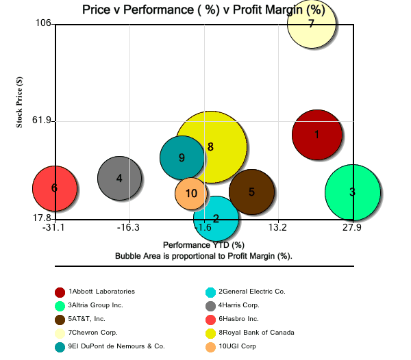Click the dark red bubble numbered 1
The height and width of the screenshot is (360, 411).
point(316,135)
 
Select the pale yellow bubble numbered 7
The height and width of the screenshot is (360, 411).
point(312,24)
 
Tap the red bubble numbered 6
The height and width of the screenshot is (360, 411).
point(54,188)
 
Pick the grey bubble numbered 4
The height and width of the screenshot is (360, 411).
point(119,179)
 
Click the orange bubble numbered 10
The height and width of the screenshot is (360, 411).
point(192,193)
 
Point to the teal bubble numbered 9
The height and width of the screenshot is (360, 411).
point(182,157)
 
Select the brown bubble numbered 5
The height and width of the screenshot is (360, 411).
point(251,192)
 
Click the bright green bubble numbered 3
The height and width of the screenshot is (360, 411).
point(352,192)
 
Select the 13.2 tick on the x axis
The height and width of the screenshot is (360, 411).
point(277,227)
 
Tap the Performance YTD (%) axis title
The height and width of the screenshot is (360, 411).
point(203,244)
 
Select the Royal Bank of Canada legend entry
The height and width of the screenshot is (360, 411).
point(256,333)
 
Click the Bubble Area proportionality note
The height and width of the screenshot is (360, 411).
point(203,255)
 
